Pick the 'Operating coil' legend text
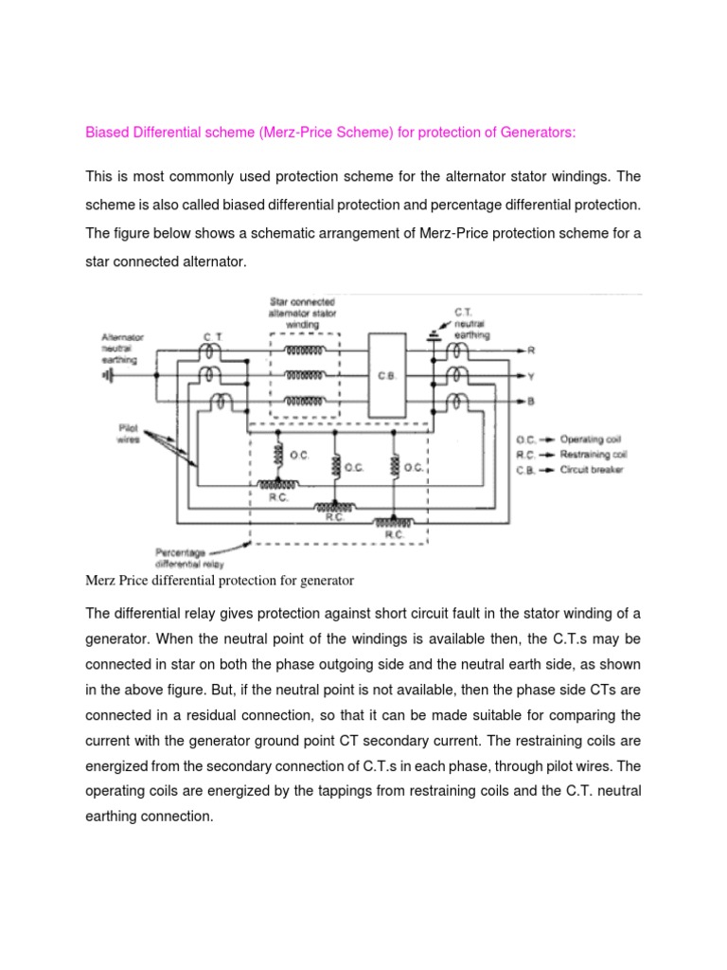click(592, 440)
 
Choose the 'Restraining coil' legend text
click(594, 455)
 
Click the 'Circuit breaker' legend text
click(592, 470)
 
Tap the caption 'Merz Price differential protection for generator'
click(219, 580)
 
